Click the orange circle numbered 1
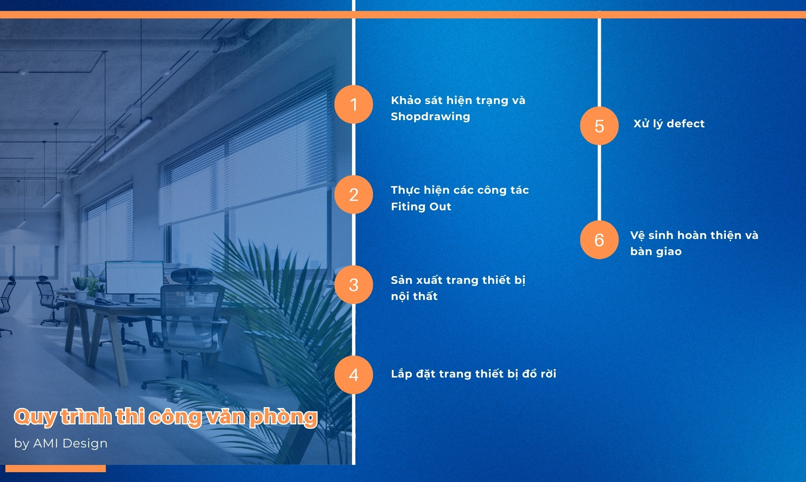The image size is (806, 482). click(x=354, y=104)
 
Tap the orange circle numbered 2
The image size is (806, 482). click(x=354, y=195)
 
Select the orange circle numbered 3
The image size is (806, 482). click(x=354, y=285)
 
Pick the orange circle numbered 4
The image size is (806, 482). click(x=354, y=375)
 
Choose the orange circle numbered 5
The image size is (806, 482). click(x=599, y=126)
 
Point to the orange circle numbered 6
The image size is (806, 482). click(x=599, y=240)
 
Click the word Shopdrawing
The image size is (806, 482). click(x=430, y=117)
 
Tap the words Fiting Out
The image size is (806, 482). click(x=421, y=206)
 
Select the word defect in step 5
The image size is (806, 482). click(x=686, y=123)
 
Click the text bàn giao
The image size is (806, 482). click(x=656, y=252)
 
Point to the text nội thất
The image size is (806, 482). click(x=414, y=296)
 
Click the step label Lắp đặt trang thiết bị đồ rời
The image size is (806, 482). click(x=473, y=373)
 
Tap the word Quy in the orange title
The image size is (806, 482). click(x=35, y=417)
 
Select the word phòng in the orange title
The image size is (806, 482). click(x=283, y=417)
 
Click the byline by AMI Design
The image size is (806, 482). click(x=61, y=443)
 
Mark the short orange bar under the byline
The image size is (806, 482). click(x=56, y=469)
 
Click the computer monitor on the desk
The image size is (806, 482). click(x=134, y=278)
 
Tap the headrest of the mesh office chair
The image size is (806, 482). click(x=192, y=275)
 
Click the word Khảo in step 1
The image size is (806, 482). click(x=406, y=100)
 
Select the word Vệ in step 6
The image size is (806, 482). click(x=638, y=235)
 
